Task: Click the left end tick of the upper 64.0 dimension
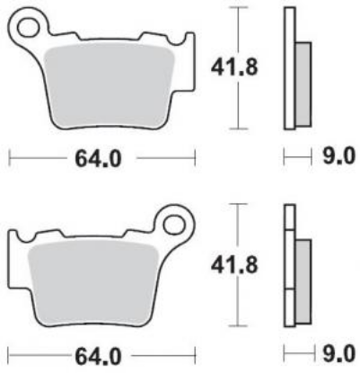tap(10, 159)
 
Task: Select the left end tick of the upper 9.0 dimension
tap(284, 158)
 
